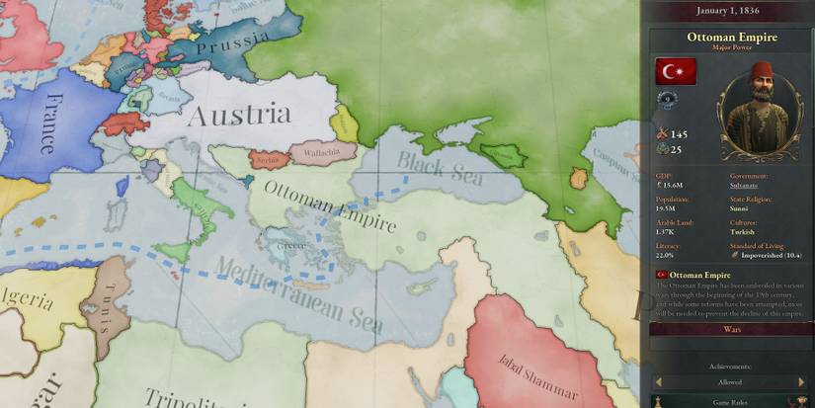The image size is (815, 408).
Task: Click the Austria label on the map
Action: pos(239,115)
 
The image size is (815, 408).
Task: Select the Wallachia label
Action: pos(317,152)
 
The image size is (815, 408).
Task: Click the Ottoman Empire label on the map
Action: pos(331,205)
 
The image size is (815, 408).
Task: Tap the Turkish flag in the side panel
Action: pos(676,71)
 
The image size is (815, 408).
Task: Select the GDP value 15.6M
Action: pos(675,185)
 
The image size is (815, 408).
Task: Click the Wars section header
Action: pos(732,329)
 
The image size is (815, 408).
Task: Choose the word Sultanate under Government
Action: pos(744,185)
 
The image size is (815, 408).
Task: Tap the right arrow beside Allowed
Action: pos(801,381)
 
